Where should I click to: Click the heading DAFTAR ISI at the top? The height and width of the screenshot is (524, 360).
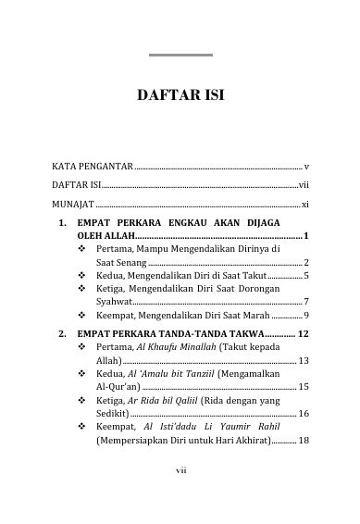tap(180, 94)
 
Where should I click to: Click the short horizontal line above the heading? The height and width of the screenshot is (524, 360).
tap(180, 56)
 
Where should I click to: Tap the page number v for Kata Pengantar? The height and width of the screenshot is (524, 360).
tap(305, 166)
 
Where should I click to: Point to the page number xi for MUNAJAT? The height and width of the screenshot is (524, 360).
tap(304, 202)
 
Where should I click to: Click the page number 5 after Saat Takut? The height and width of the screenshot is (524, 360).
tap(305, 276)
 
